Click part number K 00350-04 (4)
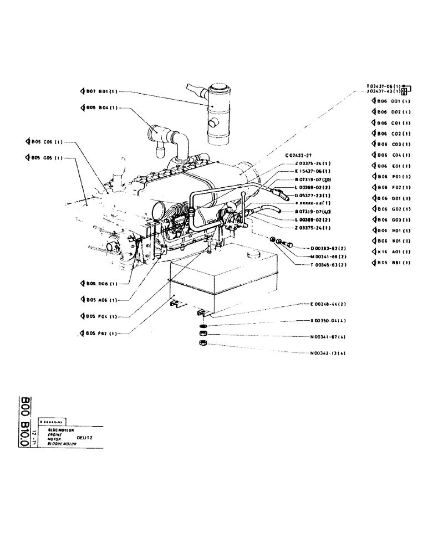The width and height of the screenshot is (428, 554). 329,320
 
